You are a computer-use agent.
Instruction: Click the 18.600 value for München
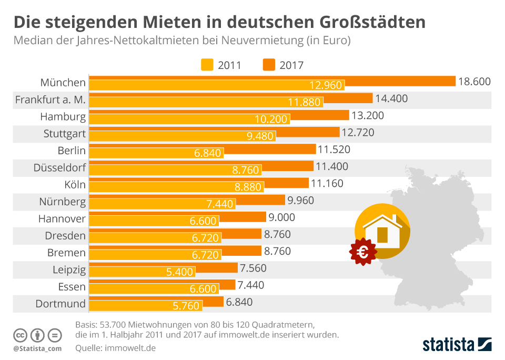tap(474, 82)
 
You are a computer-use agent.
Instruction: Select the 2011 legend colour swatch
tap(207, 65)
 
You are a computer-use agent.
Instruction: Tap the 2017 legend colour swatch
tap(269, 65)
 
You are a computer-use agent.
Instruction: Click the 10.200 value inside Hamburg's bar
tap(270, 119)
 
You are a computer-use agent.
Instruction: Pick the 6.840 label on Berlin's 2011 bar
tap(208, 153)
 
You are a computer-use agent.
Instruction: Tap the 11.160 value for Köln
tap(327, 184)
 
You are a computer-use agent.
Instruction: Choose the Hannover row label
tap(62, 218)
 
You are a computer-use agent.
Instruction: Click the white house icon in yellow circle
tap(382, 232)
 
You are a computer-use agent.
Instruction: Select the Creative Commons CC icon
tap(21, 335)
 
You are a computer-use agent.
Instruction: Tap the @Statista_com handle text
tap(37, 348)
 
